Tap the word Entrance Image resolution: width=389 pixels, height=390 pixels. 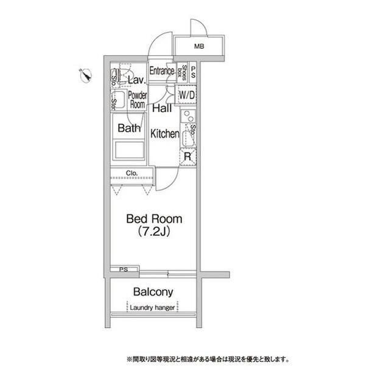(x=162, y=71)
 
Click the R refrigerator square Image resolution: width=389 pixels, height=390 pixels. (x=188, y=156)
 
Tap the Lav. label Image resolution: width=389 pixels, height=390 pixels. (x=136, y=80)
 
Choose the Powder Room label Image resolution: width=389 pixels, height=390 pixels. (x=138, y=100)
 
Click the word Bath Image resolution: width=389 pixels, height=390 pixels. (x=129, y=128)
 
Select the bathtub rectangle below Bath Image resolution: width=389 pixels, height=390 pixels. (x=129, y=150)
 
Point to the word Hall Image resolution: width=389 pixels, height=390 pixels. (x=161, y=109)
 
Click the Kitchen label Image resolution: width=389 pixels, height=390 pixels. (x=164, y=133)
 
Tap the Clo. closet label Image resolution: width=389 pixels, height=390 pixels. (x=132, y=174)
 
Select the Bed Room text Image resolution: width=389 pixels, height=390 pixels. (x=154, y=218)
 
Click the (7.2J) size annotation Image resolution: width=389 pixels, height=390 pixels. (x=153, y=232)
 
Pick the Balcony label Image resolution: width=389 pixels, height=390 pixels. (x=153, y=292)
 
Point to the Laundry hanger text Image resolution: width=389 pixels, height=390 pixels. (x=153, y=308)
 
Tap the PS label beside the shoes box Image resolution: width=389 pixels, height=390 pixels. (x=193, y=72)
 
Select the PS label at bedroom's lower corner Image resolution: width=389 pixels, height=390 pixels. (x=124, y=269)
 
